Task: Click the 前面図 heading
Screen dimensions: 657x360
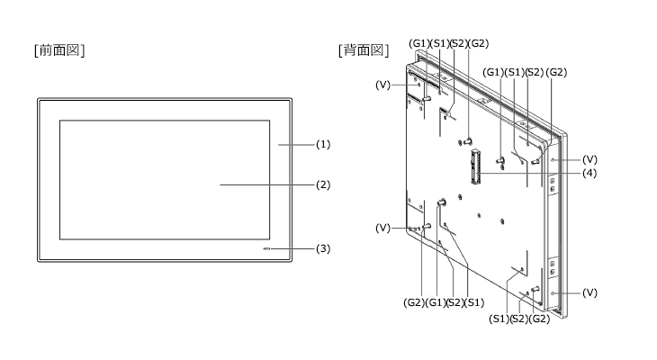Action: (x=59, y=49)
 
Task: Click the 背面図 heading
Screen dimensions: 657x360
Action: (x=364, y=49)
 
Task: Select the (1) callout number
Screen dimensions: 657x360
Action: (x=323, y=145)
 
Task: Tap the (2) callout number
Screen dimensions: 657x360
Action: (x=323, y=184)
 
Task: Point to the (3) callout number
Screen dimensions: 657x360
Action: (x=323, y=249)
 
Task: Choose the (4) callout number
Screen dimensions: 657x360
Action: (x=589, y=173)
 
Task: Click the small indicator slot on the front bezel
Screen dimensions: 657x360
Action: (x=266, y=249)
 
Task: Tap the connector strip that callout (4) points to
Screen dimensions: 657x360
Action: (x=475, y=167)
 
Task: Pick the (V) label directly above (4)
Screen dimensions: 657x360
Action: (x=589, y=159)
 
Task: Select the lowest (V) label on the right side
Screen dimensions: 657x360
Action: (x=589, y=292)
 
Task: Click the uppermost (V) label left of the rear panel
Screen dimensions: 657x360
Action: (x=382, y=85)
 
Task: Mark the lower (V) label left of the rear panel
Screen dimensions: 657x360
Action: (x=382, y=228)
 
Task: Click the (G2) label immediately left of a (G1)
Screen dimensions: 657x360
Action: (x=414, y=302)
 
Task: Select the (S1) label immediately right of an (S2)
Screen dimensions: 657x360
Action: (x=474, y=302)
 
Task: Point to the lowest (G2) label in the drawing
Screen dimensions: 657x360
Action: (x=539, y=319)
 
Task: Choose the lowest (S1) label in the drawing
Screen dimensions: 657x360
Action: (x=499, y=319)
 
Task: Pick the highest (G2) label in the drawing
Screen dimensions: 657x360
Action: (x=478, y=43)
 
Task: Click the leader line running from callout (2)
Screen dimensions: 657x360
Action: (x=267, y=184)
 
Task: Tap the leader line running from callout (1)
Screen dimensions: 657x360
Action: (x=296, y=145)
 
